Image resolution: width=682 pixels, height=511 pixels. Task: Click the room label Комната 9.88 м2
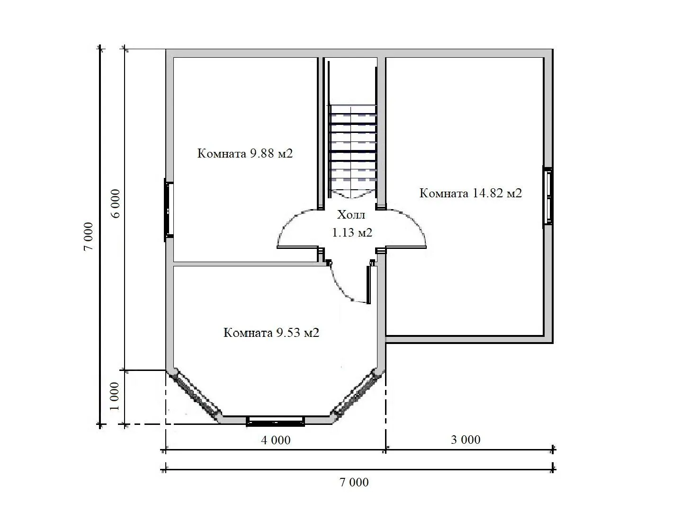(245, 153)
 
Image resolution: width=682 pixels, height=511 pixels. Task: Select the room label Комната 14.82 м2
(470, 193)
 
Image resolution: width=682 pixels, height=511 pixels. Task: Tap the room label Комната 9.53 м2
(271, 333)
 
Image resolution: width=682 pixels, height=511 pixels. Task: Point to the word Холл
(351, 214)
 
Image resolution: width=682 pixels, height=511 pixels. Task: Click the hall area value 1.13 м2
(352, 232)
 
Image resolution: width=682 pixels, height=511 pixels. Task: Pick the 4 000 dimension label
(276, 440)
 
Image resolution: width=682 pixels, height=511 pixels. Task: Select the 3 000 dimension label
(466, 440)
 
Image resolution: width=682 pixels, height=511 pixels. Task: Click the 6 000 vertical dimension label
(115, 203)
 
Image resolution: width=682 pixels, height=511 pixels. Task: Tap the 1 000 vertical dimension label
(115, 396)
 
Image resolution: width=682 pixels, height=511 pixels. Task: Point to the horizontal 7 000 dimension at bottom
(354, 482)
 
